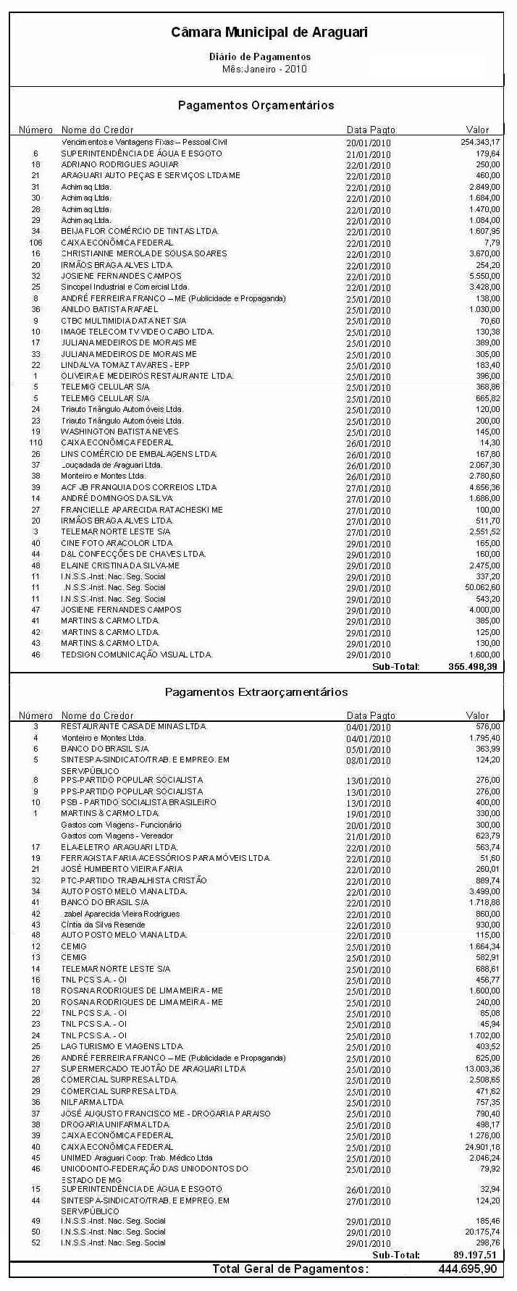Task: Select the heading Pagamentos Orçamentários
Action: pyautogui.click(x=256, y=106)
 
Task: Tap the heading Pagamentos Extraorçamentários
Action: pyautogui.click(x=256, y=692)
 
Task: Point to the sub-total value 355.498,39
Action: pyautogui.click(x=472, y=667)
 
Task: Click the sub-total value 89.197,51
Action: pyautogui.click(x=475, y=1256)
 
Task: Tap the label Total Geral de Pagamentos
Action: pyautogui.click(x=290, y=1269)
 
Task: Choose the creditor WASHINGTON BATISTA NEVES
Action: pyautogui.click(x=119, y=432)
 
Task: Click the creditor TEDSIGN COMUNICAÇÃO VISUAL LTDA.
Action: pyautogui.click(x=136, y=655)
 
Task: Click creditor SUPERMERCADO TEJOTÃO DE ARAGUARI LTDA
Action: pyautogui.click(x=153, y=1069)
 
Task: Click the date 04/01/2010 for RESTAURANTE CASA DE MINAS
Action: pyautogui.click(x=369, y=727)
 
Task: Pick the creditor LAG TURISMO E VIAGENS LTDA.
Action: pyautogui.click(x=122, y=1046)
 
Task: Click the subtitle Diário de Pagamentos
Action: pyautogui.click(x=260, y=56)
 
